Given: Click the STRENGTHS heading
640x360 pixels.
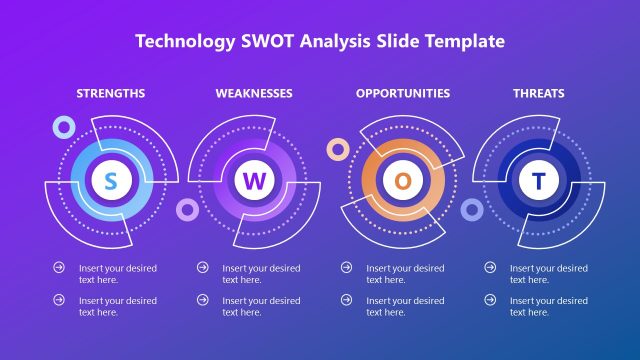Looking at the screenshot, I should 111,93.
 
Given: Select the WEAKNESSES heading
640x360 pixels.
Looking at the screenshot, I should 254,93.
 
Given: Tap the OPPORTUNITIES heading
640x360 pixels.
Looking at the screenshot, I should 403,93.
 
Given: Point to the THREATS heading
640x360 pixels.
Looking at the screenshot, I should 539,93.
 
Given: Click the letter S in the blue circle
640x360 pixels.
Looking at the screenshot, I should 111,180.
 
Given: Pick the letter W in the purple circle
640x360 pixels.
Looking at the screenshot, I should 254,181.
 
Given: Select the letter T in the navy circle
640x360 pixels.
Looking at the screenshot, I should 539,181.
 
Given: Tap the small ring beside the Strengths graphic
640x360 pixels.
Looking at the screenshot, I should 65,126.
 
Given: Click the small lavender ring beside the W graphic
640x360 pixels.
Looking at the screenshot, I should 186,209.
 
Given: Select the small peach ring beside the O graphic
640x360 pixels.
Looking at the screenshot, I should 338,149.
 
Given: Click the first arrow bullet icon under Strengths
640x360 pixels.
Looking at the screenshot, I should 59,268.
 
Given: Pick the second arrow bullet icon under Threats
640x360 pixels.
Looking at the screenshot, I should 490,300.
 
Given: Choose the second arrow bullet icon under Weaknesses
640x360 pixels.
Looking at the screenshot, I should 203,300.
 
